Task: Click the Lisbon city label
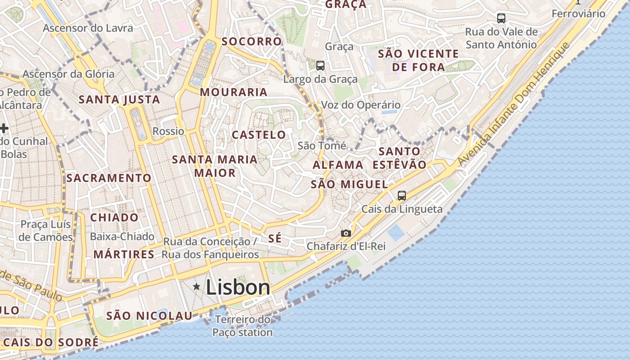pyautogui.click(x=238, y=288)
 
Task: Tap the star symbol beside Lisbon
pyautogui.click(x=196, y=286)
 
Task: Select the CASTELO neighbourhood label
pyautogui.click(x=259, y=135)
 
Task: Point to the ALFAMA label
pyautogui.click(x=338, y=165)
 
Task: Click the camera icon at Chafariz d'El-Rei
pyautogui.click(x=346, y=233)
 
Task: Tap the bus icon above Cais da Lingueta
pyautogui.click(x=402, y=196)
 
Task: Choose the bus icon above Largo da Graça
pyautogui.click(x=320, y=66)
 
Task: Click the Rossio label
pyautogui.click(x=168, y=131)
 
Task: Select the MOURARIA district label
pyautogui.click(x=234, y=92)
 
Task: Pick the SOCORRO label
pyautogui.click(x=252, y=41)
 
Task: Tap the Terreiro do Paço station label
pyautogui.click(x=243, y=326)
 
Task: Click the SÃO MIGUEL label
pyautogui.click(x=349, y=184)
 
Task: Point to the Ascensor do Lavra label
pyautogui.click(x=88, y=28)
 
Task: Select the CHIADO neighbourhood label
pyautogui.click(x=114, y=217)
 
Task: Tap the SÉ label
pyautogui.click(x=275, y=239)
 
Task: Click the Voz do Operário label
pyautogui.click(x=360, y=105)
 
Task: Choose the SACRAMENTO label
pyautogui.click(x=109, y=178)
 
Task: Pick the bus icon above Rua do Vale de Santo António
pyautogui.click(x=501, y=18)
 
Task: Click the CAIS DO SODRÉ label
pyautogui.click(x=51, y=342)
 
